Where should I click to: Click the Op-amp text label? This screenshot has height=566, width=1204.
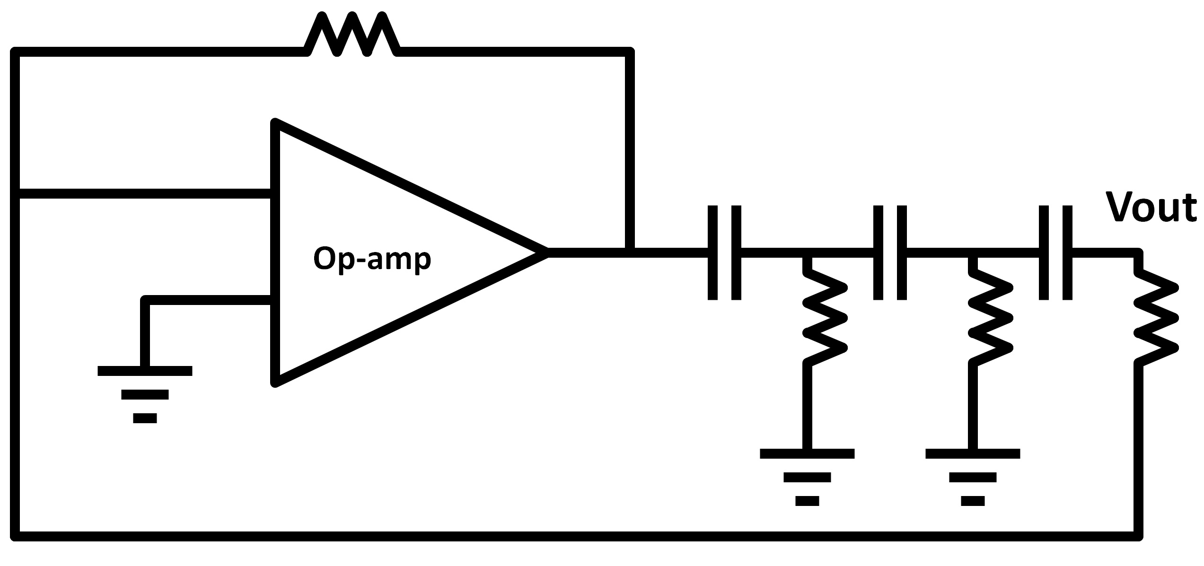click(x=372, y=259)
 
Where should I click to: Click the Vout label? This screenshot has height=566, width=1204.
click(x=1151, y=207)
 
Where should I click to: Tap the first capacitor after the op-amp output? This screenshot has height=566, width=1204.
click(x=724, y=253)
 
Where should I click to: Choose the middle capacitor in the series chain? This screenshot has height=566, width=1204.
click(x=889, y=253)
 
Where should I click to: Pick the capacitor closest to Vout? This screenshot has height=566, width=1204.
click(x=1055, y=253)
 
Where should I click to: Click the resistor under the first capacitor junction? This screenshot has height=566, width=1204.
click(x=824, y=317)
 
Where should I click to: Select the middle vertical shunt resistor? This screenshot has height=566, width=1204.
click(x=990, y=317)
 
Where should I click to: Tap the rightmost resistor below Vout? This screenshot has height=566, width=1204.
click(x=1156, y=317)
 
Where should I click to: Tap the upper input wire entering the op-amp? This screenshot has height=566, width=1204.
click(x=142, y=194)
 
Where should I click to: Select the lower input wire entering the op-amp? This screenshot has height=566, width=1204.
click(x=208, y=300)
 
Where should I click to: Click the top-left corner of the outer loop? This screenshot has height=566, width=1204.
click(x=15, y=52)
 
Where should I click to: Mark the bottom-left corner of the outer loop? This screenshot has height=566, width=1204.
click(x=15, y=536)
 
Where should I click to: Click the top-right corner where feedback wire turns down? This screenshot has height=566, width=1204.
click(x=629, y=52)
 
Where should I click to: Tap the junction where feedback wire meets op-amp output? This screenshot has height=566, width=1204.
click(x=629, y=253)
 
